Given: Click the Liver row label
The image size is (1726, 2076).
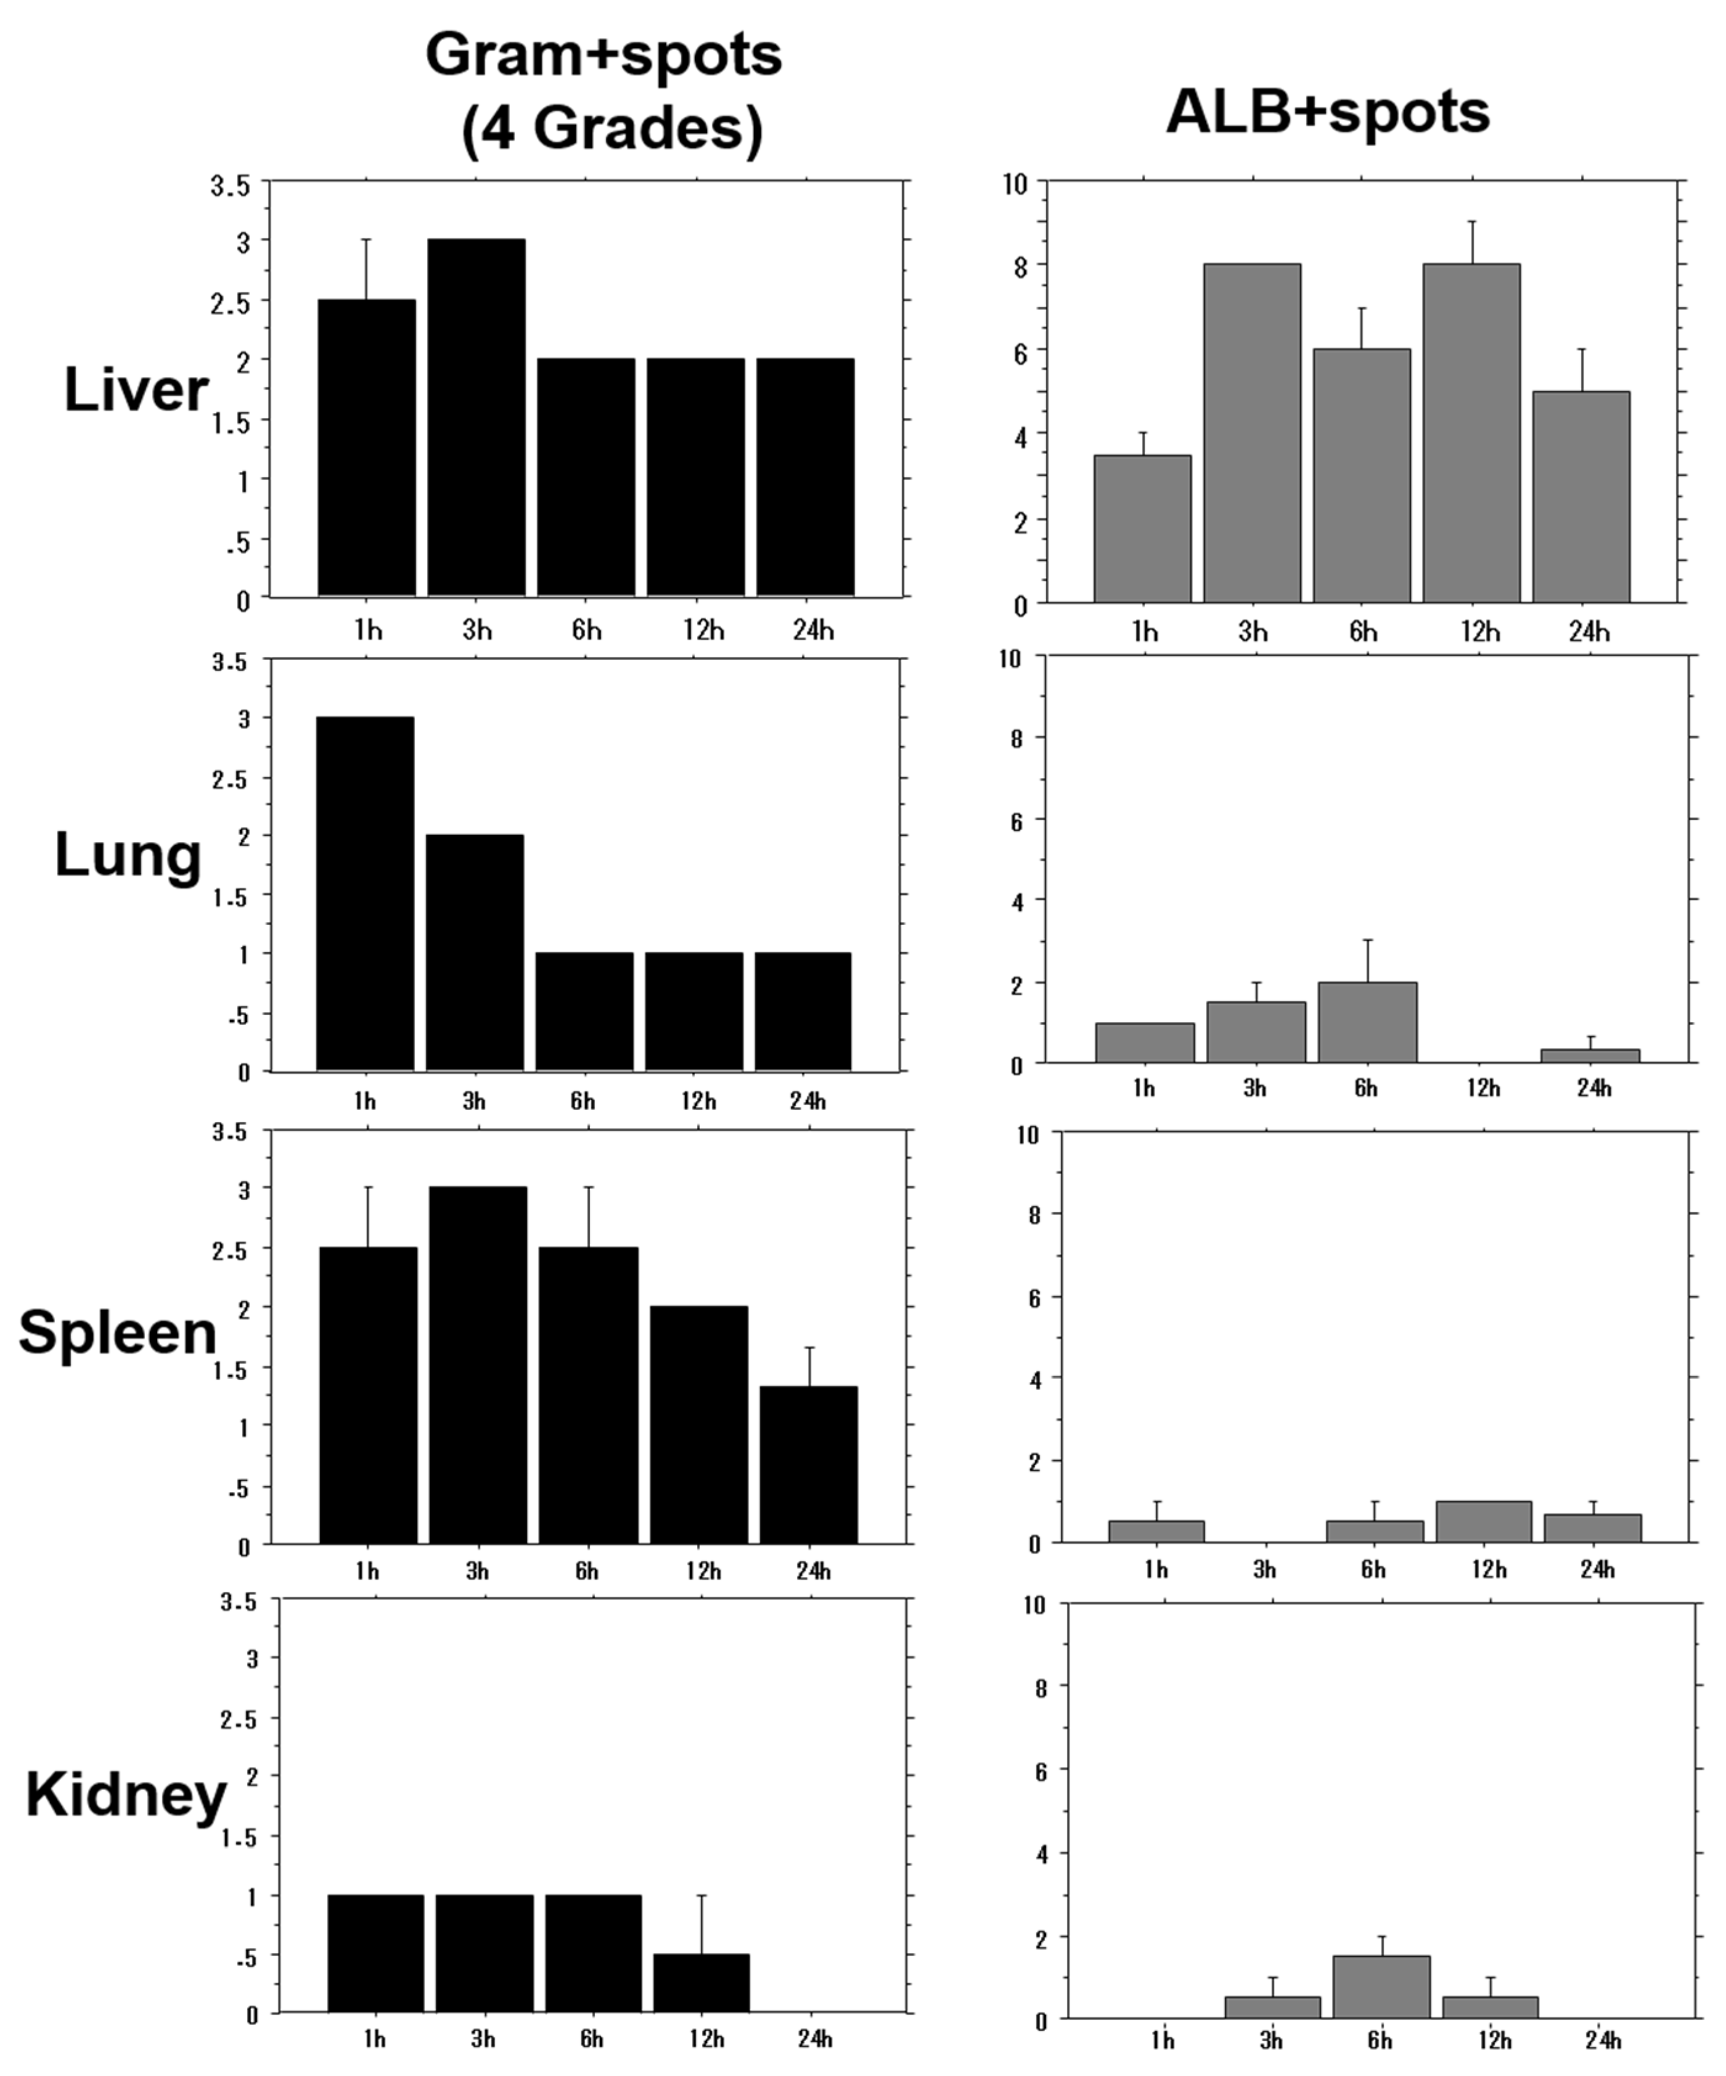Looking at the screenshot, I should [136, 390].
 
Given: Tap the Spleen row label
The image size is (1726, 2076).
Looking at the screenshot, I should [118, 1332].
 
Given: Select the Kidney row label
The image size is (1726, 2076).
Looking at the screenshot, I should [126, 1794].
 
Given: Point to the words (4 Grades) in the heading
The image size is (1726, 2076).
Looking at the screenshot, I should [612, 128].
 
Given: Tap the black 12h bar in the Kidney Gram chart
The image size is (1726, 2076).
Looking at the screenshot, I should [701, 1982].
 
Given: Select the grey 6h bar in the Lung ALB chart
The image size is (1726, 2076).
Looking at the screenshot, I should [1367, 1023].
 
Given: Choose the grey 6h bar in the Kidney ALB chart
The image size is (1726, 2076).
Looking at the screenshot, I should [1381, 1987].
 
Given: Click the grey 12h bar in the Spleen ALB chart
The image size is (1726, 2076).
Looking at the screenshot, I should [1484, 1522].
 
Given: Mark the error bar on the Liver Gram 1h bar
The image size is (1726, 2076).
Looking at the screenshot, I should [366, 269].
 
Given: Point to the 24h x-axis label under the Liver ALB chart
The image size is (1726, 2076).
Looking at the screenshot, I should [1589, 632].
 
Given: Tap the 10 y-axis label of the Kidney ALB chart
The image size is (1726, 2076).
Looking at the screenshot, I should [1034, 1604].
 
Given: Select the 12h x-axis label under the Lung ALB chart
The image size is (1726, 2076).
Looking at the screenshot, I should [1482, 1088].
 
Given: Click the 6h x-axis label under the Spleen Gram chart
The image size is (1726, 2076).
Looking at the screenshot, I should [586, 1571].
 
